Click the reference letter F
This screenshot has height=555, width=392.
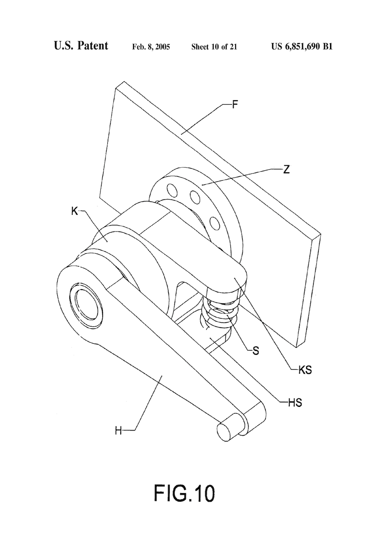(x=235, y=105)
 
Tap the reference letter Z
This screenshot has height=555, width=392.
(x=286, y=170)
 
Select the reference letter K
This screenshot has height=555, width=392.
(x=74, y=212)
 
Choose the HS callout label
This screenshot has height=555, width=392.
(x=295, y=403)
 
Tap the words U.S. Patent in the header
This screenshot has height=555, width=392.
(x=81, y=45)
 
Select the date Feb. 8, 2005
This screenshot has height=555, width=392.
(x=151, y=47)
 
